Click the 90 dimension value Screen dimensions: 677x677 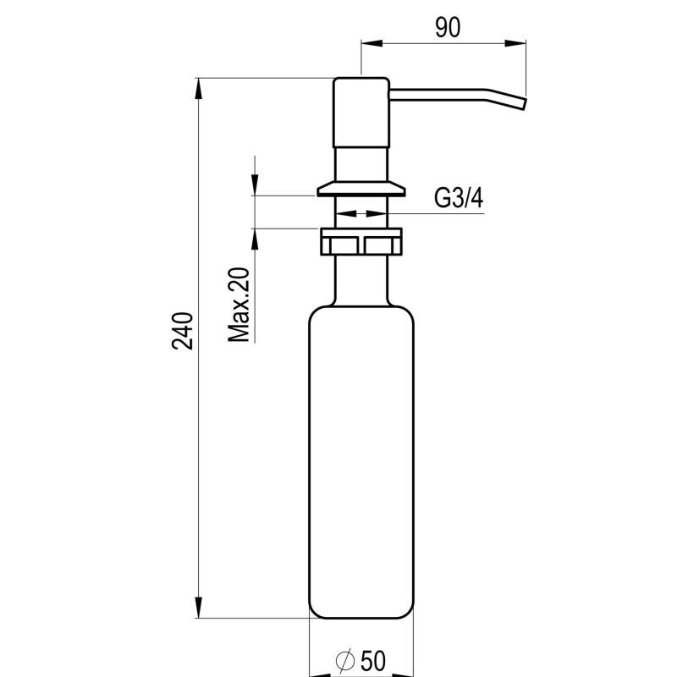coord(448,28)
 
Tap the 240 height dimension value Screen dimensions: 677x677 coord(183,330)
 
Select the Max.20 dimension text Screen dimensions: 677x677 coord(239,305)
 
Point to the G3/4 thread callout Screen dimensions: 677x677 coord(458,199)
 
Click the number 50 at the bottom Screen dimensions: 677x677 coord(373,661)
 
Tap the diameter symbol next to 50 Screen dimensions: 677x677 coord(345,661)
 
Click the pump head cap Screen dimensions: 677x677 coord(361,113)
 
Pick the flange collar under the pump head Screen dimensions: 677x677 coord(361,188)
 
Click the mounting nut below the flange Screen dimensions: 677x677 coord(361,241)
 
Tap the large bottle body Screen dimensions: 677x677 coord(361,462)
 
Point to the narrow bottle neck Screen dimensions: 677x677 coord(361,280)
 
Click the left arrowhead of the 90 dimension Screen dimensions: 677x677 coord(372,43)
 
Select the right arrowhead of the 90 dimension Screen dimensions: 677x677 coord(515,43)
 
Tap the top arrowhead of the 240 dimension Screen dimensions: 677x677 coord(199,89)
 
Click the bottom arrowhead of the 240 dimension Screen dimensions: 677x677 coord(199,607)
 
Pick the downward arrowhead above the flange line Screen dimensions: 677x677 coord(256,184)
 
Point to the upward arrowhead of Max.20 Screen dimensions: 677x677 coord(256,239)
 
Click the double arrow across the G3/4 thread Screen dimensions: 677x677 coord(361,213)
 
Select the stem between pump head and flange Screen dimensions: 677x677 coord(361,163)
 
